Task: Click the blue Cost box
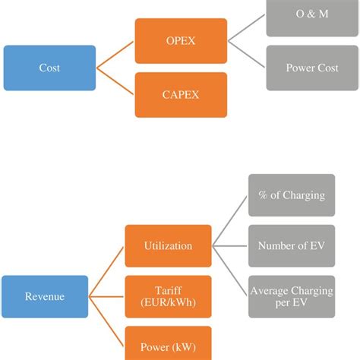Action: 49,68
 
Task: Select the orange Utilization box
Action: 169,246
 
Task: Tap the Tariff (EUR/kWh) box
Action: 169,297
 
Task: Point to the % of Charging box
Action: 291,195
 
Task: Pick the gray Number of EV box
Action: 291,246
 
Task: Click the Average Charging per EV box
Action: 291,296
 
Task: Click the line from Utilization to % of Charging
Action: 231,221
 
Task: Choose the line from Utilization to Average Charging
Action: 231,270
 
